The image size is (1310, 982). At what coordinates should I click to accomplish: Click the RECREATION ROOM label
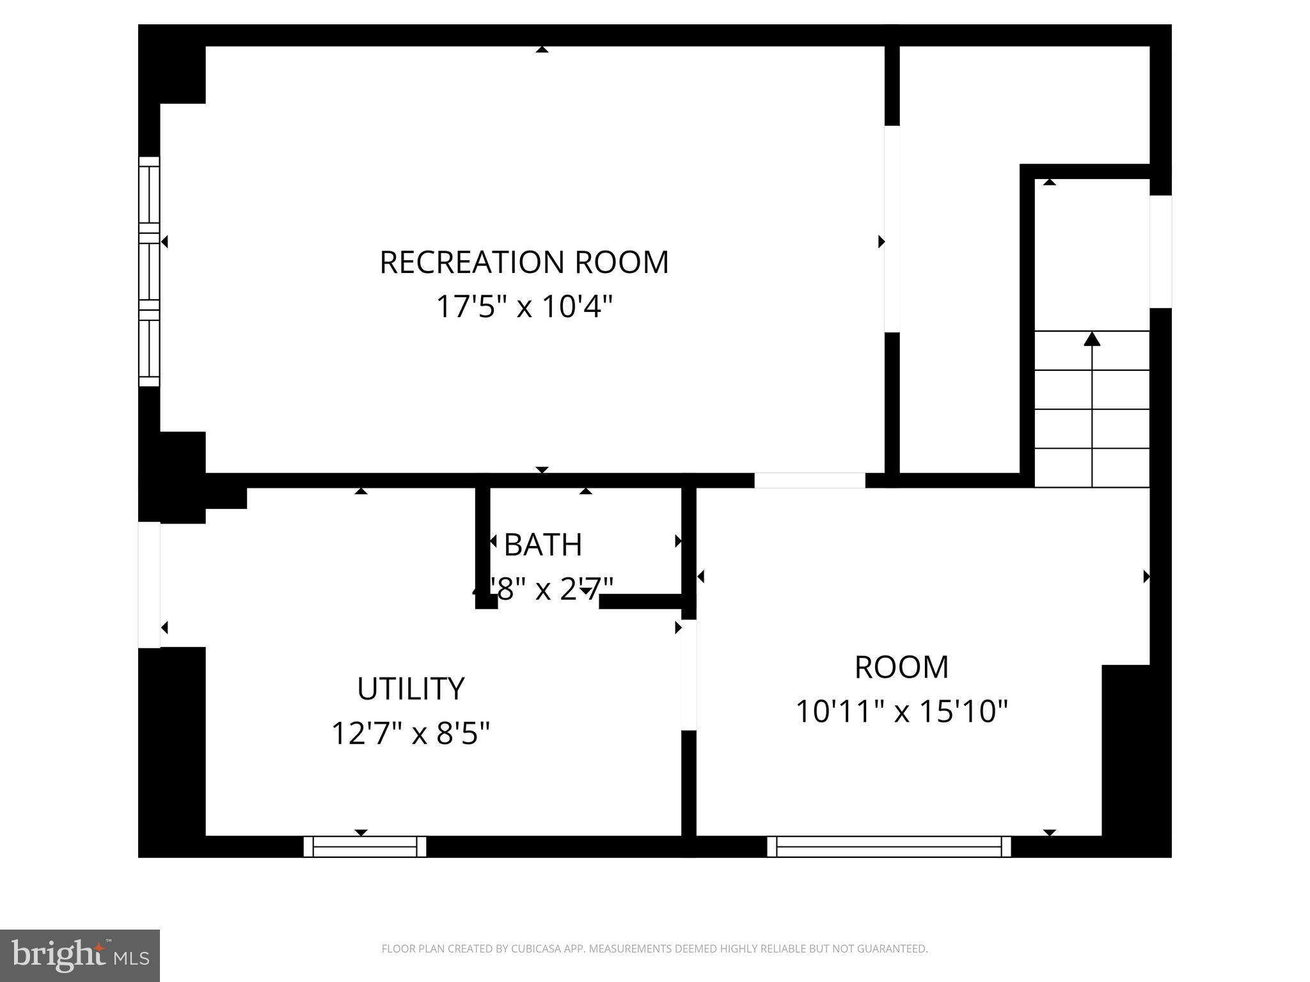[x=524, y=263]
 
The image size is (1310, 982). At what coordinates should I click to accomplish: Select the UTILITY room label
[x=411, y=689]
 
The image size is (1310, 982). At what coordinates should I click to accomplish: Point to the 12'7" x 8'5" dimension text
[x=411, y=733]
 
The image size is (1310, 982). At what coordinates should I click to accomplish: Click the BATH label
[x=543, y=545]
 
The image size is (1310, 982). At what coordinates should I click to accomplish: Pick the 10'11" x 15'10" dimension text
[x=901, y=712]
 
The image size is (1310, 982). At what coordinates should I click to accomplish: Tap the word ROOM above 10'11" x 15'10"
[x=901, y=667]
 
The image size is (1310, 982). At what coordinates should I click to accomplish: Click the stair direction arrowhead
[x=1092, y=339]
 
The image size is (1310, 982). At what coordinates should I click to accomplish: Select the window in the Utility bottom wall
[x=365, y=846]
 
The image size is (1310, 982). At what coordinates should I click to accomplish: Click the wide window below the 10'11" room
[x=889, y=846]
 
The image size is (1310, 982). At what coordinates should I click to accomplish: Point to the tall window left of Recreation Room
[x=149, y=271]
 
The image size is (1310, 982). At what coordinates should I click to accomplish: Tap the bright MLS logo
[x=80, y=955]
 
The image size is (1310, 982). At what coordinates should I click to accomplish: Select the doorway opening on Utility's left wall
[x=149, y=584]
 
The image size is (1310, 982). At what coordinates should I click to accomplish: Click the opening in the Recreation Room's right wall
[x=892, y=229]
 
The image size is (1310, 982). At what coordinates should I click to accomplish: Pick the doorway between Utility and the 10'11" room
[x=688, y=674]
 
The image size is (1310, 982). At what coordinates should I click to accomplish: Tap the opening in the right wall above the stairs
[x=1160, y=251]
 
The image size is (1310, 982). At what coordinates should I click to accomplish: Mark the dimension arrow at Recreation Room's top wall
[x=542, y=49]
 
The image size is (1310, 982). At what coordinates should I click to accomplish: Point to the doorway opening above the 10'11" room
[x=809, y=480]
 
